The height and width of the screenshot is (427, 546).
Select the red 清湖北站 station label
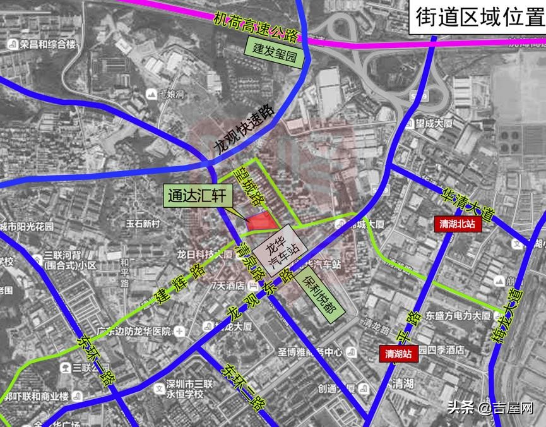coord(458,224)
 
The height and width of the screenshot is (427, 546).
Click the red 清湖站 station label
coord(400,354)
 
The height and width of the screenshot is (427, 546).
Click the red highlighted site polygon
coord(262,221)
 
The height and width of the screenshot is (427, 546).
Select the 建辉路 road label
coord(181,282)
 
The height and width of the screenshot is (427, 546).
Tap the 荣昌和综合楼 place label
coord(42,45)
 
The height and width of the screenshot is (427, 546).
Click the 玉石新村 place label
coord(145,224)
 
